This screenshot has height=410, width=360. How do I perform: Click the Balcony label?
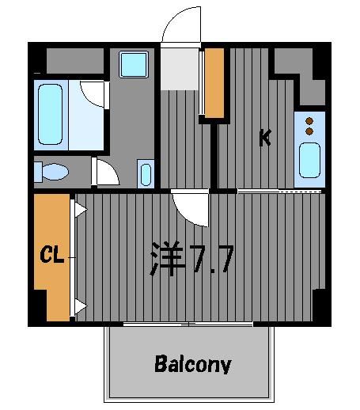(x=193, y=364)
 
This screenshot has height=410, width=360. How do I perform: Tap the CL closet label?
(x=52, y=254)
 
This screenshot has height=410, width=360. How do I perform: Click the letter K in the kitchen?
(x=265, y=138)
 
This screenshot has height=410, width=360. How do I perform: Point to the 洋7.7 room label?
(x=192, y=258)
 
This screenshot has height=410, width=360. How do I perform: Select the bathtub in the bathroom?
(x=50, y=115)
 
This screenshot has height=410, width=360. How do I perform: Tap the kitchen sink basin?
(x=309, y=160)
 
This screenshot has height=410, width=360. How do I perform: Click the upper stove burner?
(x=309, y=121)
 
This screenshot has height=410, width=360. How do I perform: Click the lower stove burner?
(x=309, y=131)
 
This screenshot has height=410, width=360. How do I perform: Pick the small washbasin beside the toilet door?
(x=146, y=174)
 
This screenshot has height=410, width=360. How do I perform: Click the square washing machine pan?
(x=134, y=65)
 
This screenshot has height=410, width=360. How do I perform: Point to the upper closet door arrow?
(x=81, y=210)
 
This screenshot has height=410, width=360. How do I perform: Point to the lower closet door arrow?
(x=81, y=306)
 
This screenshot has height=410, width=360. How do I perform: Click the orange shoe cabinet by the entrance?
(x=214, y=83)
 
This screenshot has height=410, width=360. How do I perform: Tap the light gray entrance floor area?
(x=180, y=69)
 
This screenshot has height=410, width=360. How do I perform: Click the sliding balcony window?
(x=188, y=324)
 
